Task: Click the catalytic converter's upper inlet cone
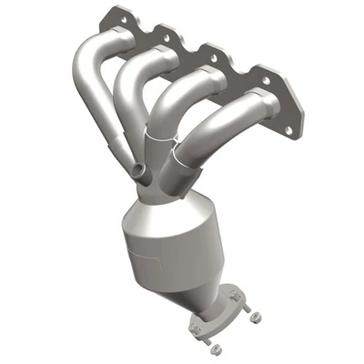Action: pos(168,202)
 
